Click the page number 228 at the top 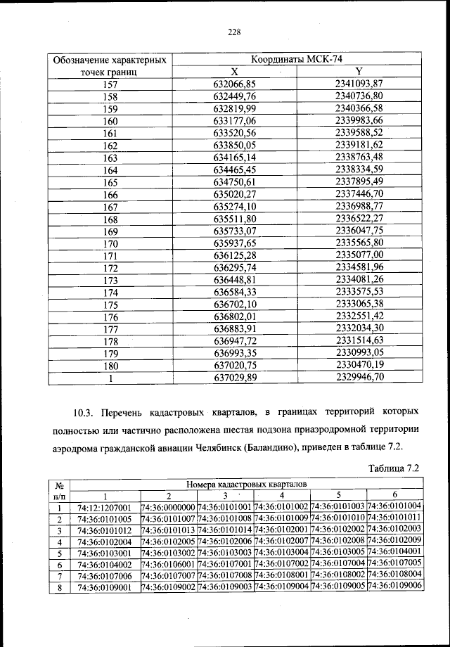coord(234,31)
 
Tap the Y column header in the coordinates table coord(359,71)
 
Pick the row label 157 coord(110,84)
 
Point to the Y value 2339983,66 coord(359,121)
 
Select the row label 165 coord(110,183)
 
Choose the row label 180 coord(110,365)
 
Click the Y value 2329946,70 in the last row coord(359,378)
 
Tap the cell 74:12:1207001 coord(105,507)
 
